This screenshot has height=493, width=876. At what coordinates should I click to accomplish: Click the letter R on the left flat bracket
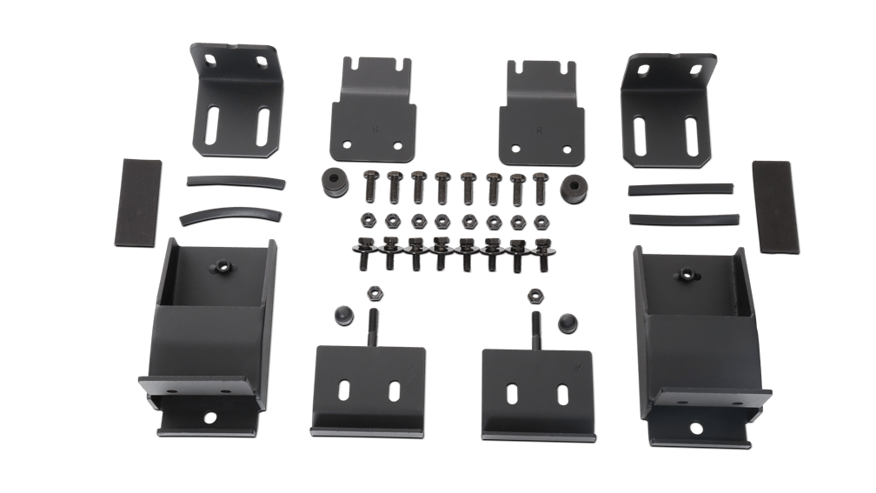375,128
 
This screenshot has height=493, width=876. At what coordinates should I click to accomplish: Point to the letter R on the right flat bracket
541,130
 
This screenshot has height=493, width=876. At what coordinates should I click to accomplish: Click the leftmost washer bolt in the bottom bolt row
364,251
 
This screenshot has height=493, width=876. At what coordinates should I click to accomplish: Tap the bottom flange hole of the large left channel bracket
209,418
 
